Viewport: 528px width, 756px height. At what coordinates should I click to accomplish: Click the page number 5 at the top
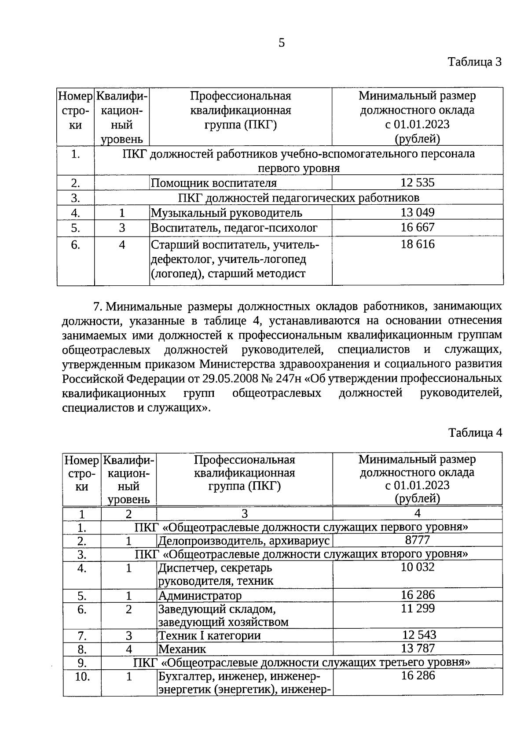(282, 43)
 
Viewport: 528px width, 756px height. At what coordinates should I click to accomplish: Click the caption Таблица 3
(475, 62)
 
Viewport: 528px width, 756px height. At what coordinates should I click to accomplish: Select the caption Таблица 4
(475, 432)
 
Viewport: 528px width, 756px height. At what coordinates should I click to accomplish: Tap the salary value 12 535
(417, 183)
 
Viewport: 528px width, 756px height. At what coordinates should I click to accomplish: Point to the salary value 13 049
(417, 213)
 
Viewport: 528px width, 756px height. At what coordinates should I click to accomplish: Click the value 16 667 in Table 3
(417, 227)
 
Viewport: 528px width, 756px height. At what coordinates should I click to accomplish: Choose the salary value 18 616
(417, 244)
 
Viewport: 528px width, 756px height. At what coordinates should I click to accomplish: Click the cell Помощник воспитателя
(214, 183)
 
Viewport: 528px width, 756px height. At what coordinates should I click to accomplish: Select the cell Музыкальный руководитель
(227, 213)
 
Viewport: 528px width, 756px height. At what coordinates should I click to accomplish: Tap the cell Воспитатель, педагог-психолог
(234, 228)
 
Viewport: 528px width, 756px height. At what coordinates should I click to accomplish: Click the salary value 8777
(417, 540)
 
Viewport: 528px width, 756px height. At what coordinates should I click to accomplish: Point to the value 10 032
(417, 567)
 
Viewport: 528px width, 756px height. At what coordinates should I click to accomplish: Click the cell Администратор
(200, 596)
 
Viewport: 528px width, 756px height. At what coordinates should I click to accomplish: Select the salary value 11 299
(417, 608)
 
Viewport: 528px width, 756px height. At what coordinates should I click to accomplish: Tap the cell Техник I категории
(209, 636)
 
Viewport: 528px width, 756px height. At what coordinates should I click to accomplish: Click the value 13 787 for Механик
(417, 648)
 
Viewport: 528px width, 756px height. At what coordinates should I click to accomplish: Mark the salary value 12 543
(419, 634)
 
